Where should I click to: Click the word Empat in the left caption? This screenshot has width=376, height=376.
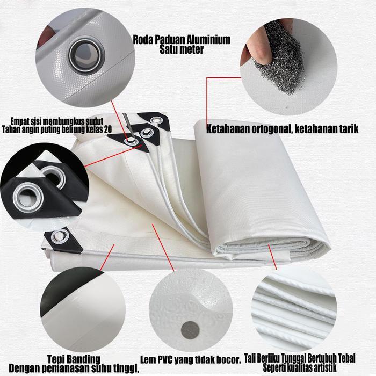(x=20, y=120)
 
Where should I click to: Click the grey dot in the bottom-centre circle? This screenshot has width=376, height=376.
(x=191, y=328)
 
